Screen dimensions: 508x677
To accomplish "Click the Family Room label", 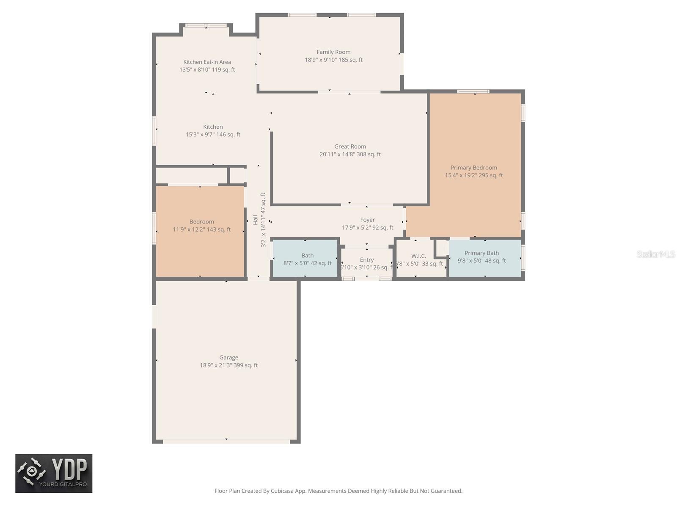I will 333,52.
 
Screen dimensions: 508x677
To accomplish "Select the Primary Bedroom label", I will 473,168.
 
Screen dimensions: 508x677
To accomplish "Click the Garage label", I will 228,358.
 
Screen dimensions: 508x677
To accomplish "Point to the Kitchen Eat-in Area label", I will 207,62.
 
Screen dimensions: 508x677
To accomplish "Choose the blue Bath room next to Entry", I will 305,259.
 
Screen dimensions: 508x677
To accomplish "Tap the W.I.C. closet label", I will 418,256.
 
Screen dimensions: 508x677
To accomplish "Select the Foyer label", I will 367,220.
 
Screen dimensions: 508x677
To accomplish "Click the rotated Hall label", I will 256,220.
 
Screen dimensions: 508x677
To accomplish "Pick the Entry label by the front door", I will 367,260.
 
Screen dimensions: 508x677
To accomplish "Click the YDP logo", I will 54,473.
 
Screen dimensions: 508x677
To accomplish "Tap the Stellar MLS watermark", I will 656,254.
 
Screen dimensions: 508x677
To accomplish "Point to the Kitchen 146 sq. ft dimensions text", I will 213,135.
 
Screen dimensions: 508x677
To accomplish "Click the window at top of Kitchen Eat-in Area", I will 206,25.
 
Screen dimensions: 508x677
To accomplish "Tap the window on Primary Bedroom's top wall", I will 473,91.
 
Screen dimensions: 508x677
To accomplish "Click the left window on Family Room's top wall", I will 302,15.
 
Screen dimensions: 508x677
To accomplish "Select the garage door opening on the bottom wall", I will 226,442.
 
